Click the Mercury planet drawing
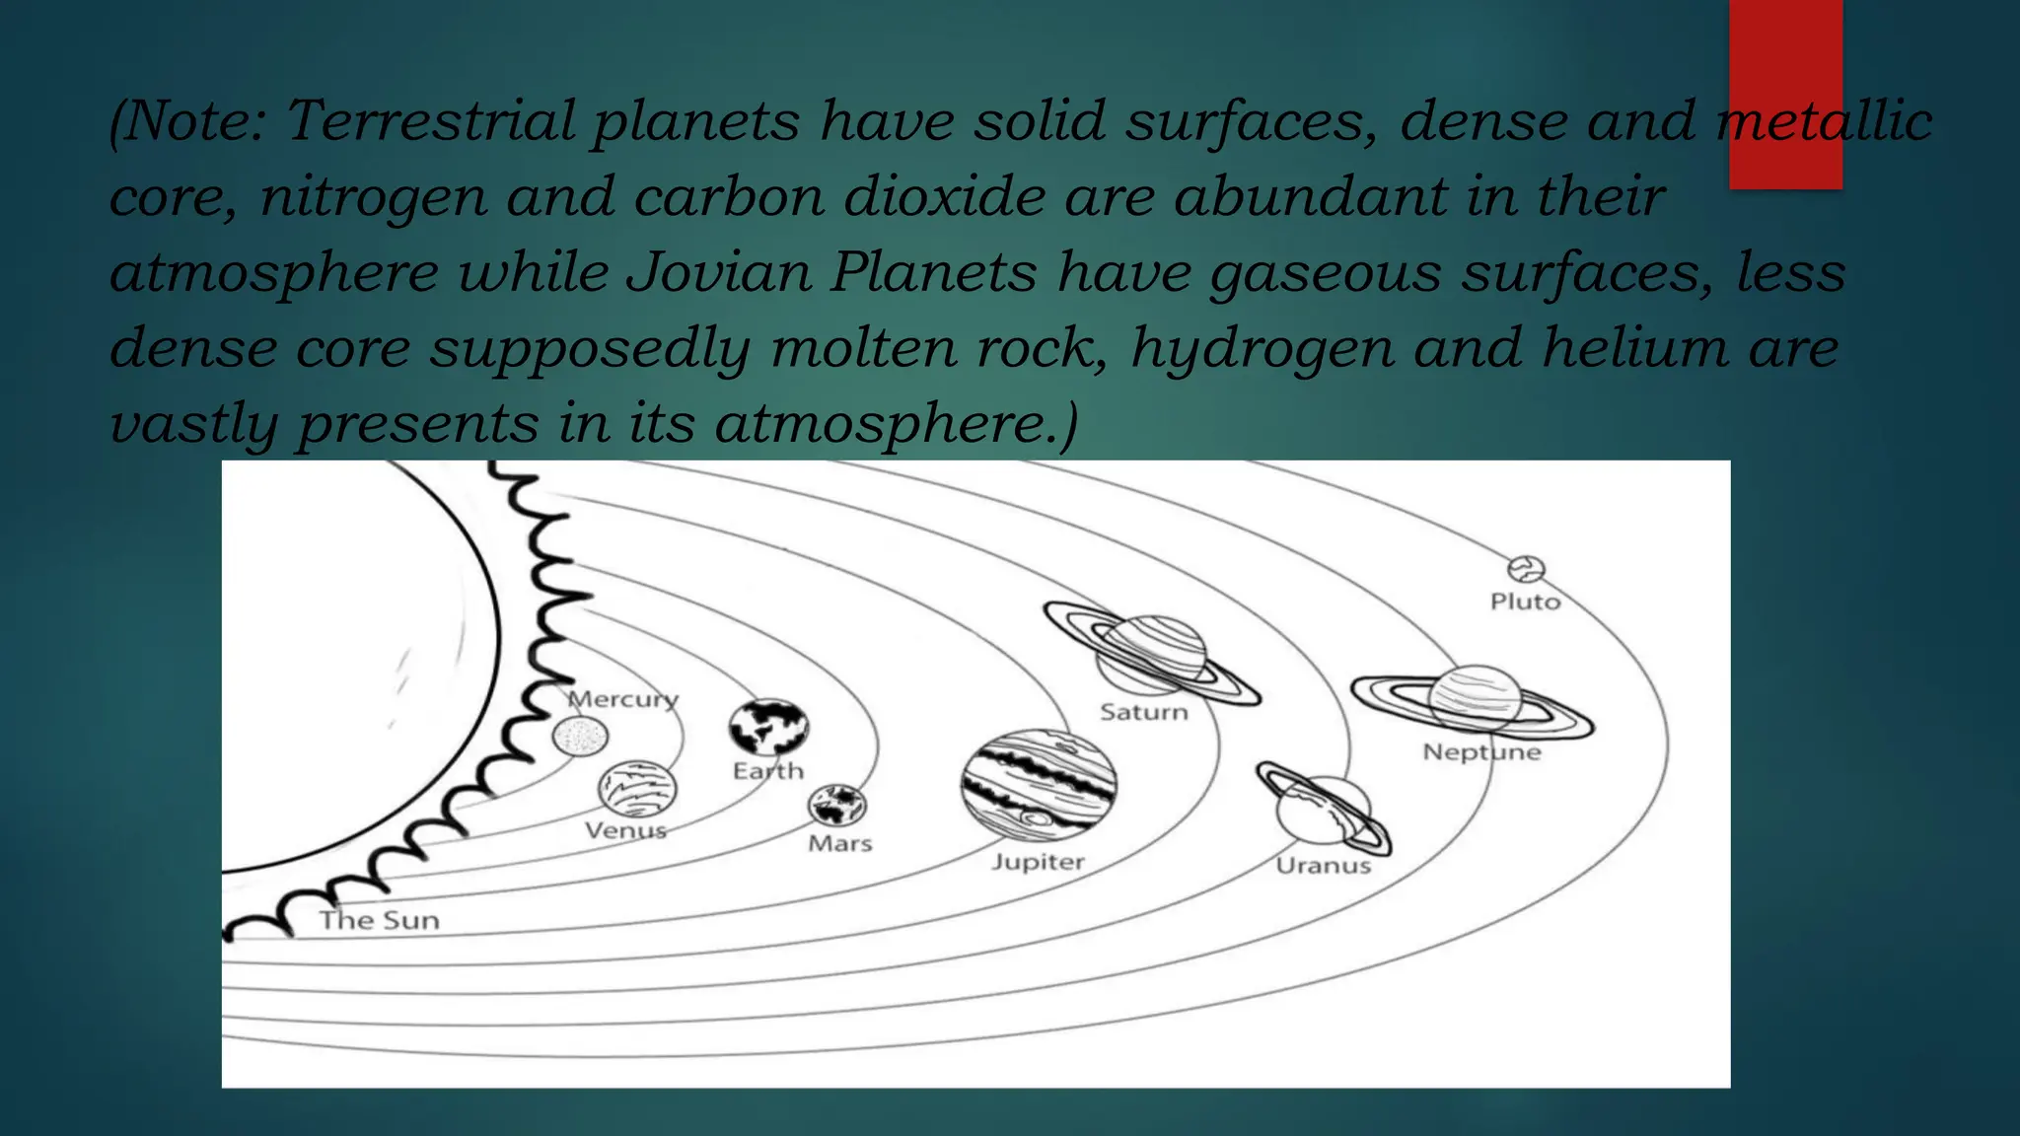[x=580, y=737]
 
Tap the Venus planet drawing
[x=637, y=789]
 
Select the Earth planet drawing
[x=768, y=728]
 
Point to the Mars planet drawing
[x=837, y=805]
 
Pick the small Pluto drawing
[x=1526, y=569]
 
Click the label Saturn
[x=1144, y=712]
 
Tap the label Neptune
[x=1481, y=752]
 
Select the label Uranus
[x=1323, y=866]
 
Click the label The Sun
[x=380, y=921]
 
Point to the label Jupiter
[x=1038, y=862]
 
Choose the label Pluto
[x=1525, y=602]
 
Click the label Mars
[x=840, y=844]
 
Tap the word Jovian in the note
[x=719, y=272]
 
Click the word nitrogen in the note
[x=373, y=197]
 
